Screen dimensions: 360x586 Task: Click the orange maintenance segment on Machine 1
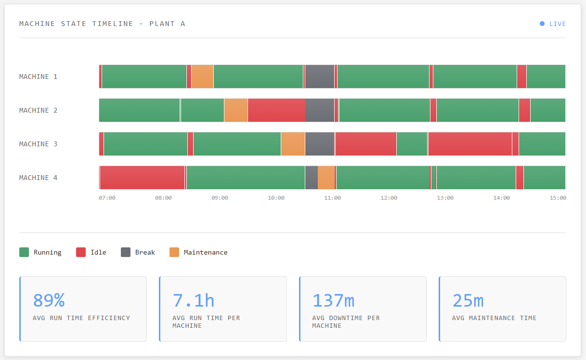coord(202,77)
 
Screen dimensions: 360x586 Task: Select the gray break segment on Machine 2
coord(319,110)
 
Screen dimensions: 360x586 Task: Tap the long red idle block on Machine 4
coord(142,178)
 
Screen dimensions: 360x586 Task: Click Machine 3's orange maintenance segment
coord(293,144)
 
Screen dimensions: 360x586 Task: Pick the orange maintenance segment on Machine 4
coord(326,178)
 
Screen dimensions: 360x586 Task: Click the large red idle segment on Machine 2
coord(276,110)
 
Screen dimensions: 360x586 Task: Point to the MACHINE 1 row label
coord(38,77)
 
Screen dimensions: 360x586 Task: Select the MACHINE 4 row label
coord(38,178)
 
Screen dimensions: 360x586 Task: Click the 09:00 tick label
coord(220,198)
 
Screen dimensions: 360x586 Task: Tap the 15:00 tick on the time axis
coord(558,198)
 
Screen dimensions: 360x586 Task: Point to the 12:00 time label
coord(389,198)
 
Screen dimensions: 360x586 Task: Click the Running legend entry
coord(40,252)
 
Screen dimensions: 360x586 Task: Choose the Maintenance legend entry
coord(198,252)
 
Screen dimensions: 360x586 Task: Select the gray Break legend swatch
coord(126,252)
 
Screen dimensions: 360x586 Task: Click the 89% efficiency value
coord(49,300)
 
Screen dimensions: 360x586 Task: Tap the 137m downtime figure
coord(333,300)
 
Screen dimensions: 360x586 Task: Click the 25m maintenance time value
coord(468,300)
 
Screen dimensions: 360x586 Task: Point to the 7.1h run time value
coord(193,300)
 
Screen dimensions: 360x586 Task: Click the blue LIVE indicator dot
coord(542,24)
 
